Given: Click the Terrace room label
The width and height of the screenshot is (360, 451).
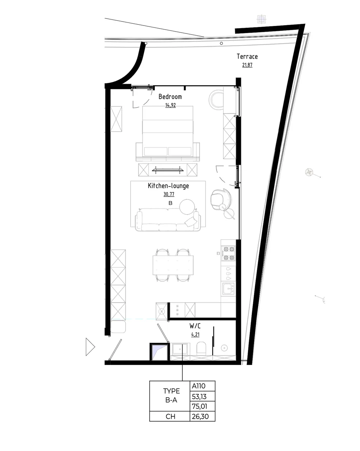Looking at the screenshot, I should tap(247, 56).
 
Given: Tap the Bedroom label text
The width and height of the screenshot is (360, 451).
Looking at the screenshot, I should tap(170, 97).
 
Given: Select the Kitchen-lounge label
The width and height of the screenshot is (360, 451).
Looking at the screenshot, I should tap(168, 186).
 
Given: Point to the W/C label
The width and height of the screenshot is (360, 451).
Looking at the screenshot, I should tap(195, 325).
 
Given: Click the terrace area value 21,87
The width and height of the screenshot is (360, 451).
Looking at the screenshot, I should tap(247, 65).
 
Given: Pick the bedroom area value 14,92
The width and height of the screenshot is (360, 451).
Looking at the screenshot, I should tap(170, 105).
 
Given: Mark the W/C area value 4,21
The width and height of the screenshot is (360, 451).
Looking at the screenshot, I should tap(195, 334).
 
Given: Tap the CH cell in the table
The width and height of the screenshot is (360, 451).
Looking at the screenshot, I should tap(169, 416).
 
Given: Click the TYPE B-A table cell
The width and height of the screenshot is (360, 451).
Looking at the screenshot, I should tap(169, 396).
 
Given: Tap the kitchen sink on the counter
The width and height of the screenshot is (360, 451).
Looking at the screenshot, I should tap(228, 289).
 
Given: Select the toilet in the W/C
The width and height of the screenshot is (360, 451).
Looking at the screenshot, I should tap(201, 348).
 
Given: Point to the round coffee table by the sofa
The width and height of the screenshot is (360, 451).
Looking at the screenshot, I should tap(187, 206).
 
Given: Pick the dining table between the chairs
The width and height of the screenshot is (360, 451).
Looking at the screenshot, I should tap(174, 265).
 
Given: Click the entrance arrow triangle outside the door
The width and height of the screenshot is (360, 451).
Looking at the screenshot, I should tap(90, 347).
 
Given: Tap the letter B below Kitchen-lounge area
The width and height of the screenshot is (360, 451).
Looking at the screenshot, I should tap(170, 203).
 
